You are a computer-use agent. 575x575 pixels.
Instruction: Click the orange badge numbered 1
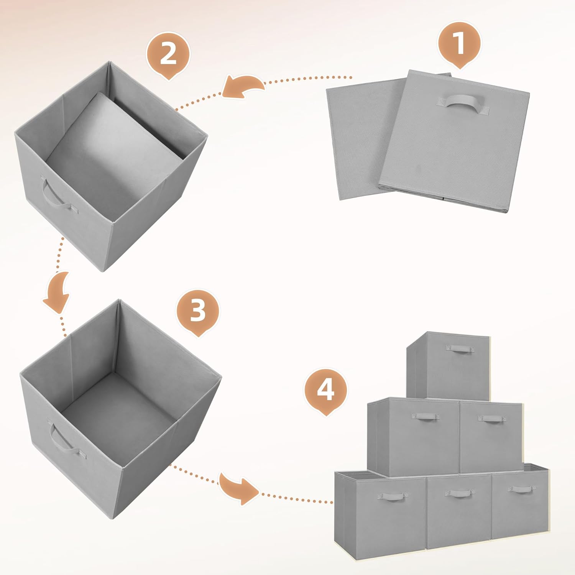click(x=459, y=43)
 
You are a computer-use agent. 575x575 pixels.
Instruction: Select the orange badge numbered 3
click(x=197, y=310)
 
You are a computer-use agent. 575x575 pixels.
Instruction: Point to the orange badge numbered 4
click(x=325, y=390)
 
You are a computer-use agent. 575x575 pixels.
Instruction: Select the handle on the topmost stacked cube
click(x=459, y=348)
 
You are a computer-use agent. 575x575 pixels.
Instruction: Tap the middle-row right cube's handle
click(x=492, y=419)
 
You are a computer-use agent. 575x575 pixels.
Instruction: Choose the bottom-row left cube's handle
click(x=391, y=496)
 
